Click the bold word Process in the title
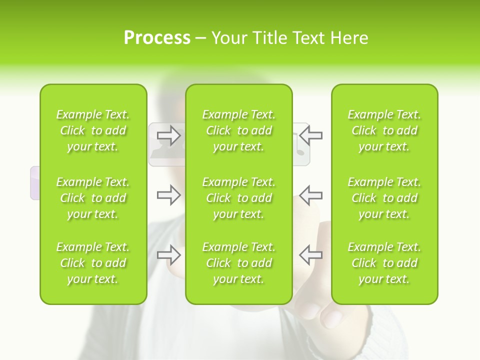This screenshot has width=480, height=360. (157, 38)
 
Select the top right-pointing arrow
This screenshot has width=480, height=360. (169, 135)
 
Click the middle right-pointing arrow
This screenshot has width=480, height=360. (169, 195)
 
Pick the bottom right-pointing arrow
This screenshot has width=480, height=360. (169, 255)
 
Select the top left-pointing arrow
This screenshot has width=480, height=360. (310, 135)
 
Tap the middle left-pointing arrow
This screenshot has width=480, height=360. (310, 195)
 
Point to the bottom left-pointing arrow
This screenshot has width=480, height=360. (310, 255)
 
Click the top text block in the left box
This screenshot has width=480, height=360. (93, 130)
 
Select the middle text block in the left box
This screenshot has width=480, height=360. (93, 198)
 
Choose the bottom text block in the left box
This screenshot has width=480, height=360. (93, 263)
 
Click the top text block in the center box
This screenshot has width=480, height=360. (239, 130)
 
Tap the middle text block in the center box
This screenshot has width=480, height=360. (239, 198)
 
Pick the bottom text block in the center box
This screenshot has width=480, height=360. (239, 263)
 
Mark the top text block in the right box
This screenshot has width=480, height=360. (384, 130)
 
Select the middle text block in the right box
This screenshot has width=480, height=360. (384, 198)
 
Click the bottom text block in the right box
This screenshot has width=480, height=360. (384, 263)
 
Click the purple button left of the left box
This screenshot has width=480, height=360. (35, 183)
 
